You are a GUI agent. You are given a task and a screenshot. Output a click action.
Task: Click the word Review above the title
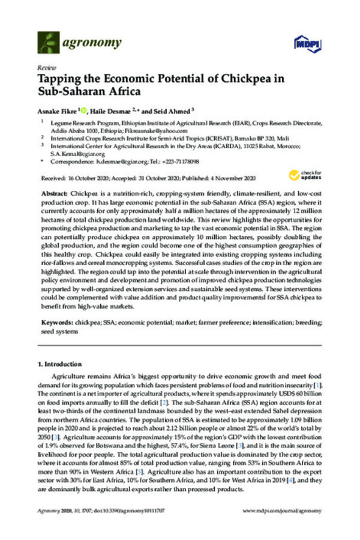tap(44, 68)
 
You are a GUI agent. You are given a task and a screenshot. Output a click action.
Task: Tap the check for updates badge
tap(302, 175)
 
